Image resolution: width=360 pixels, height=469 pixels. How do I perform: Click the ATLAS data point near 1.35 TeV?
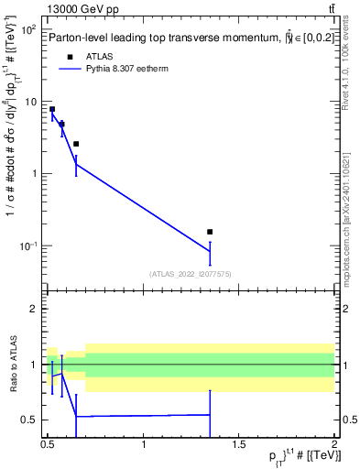[210, 232]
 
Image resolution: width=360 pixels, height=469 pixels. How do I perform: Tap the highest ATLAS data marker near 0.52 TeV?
[52, 109]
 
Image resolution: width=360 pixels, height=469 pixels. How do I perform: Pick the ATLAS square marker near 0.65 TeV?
[76, 144]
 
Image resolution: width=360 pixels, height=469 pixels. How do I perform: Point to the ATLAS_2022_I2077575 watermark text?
[190, 273]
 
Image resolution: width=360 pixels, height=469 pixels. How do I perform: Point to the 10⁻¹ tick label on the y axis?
[27, 245]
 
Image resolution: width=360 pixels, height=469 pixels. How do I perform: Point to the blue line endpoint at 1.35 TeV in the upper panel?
[210, 252]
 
